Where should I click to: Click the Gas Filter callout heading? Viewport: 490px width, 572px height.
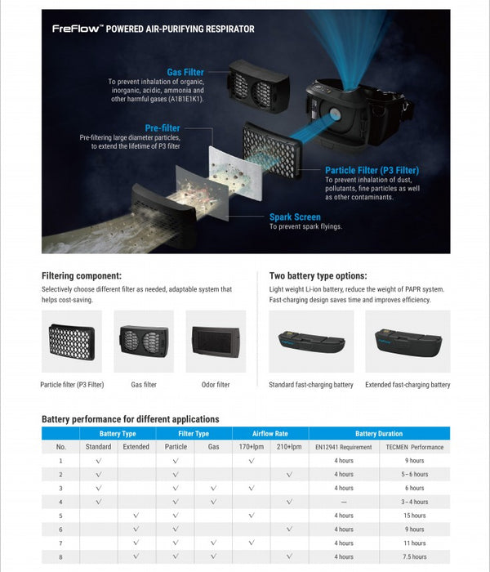tap(185, 73)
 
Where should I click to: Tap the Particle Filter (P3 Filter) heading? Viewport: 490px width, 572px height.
tap(372, 170)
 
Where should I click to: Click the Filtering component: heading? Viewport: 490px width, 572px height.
tap(82, 275)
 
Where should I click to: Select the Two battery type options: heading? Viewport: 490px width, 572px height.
tap(318, 275)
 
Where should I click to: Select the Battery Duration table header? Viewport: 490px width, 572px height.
tap(379, 433)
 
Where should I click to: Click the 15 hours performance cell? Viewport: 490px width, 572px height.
tap(415, 516)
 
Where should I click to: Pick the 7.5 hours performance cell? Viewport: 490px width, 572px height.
tap(415, 557)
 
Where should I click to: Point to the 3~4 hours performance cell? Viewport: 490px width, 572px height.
tap(415, 502)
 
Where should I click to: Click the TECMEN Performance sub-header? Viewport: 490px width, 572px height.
tap(415, 447)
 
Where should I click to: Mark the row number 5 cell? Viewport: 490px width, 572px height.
tap(60, 516)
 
